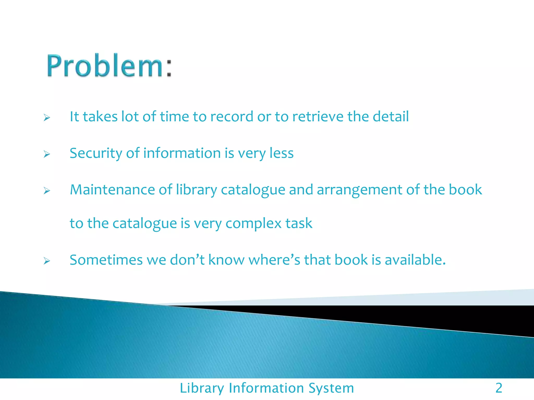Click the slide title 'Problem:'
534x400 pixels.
click(110, 66)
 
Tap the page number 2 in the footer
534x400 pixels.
click(499, 388)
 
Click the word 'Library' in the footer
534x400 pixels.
click(202, 388)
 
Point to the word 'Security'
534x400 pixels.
click(96, 153)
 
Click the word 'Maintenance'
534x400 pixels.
click(112, 190)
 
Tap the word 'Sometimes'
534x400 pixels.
click(106, 260)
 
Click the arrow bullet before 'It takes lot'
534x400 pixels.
click(47, 118)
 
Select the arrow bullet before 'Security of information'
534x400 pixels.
click(47, 154)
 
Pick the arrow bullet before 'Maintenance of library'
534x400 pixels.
click(47, 191)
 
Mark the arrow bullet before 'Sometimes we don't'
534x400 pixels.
click(47, 261)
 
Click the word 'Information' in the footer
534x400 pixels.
click(266, 388)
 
